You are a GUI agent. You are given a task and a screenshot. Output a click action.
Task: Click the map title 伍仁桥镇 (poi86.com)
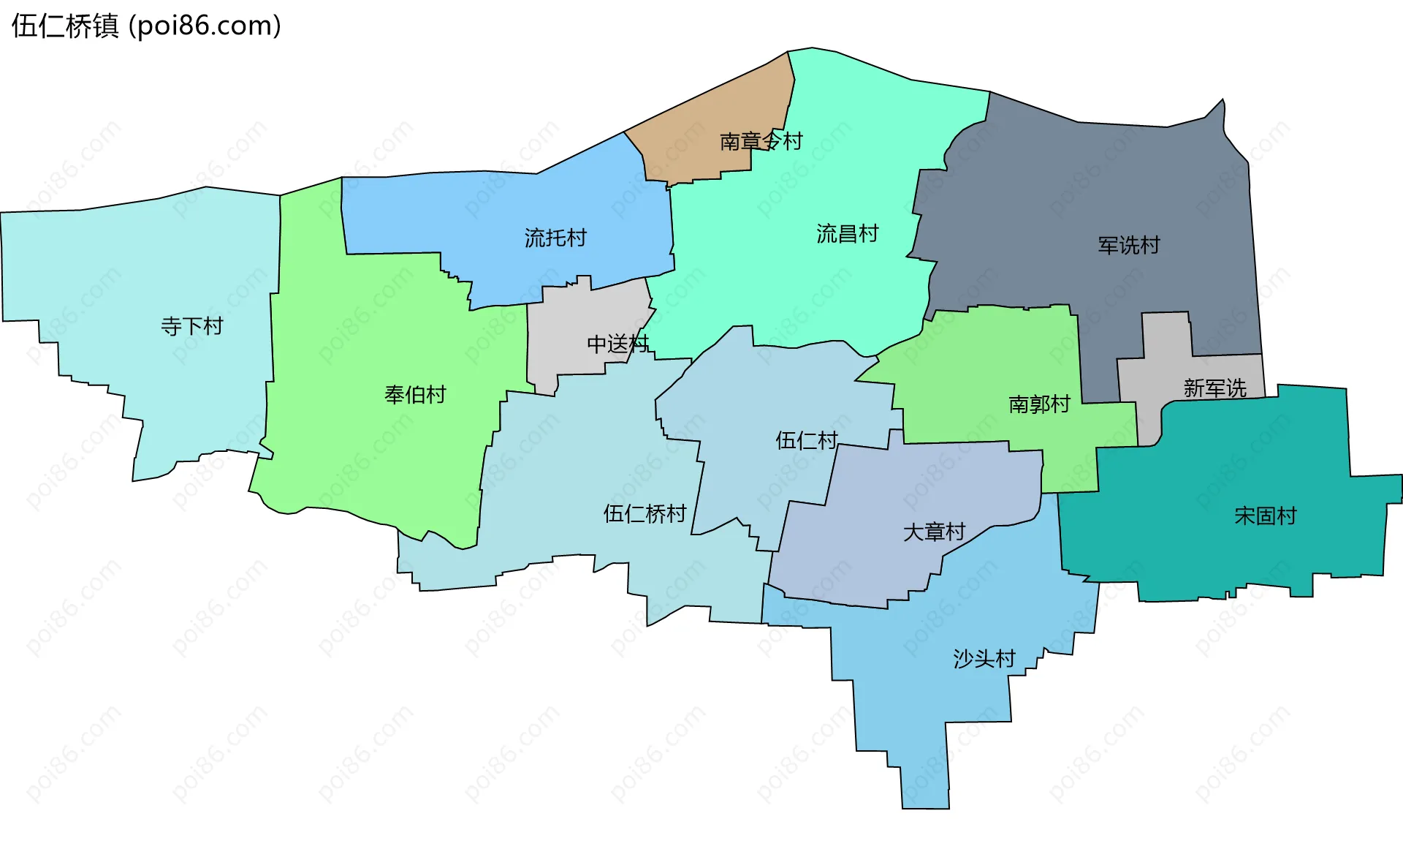pos(146,26)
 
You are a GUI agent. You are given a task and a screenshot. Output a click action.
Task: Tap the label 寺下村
pos(191,326)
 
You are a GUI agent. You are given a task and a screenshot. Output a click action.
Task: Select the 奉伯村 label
pos(415,395)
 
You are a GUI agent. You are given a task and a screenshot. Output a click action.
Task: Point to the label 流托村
pos(555,238)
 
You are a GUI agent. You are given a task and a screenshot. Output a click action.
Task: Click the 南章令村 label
pos(761,140)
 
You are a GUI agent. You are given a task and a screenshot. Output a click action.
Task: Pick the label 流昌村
pos(847,234)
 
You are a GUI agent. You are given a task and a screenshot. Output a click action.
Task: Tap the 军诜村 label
pos(1129,246)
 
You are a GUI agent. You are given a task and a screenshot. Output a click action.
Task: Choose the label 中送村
pos(617,344)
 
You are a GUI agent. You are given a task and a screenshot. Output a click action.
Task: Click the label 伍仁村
pos(806,440)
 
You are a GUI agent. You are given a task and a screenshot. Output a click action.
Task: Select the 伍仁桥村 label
pos(645,513)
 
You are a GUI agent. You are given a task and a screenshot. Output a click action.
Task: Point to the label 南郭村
pos(1039,404)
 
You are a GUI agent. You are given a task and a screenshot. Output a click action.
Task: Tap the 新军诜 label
pos(1214,388)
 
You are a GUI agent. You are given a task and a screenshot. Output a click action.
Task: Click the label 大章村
pos(934,532)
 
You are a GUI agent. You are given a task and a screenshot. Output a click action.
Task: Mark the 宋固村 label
pos(1265,516)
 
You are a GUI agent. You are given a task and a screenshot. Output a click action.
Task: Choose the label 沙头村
pos(984,659)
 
